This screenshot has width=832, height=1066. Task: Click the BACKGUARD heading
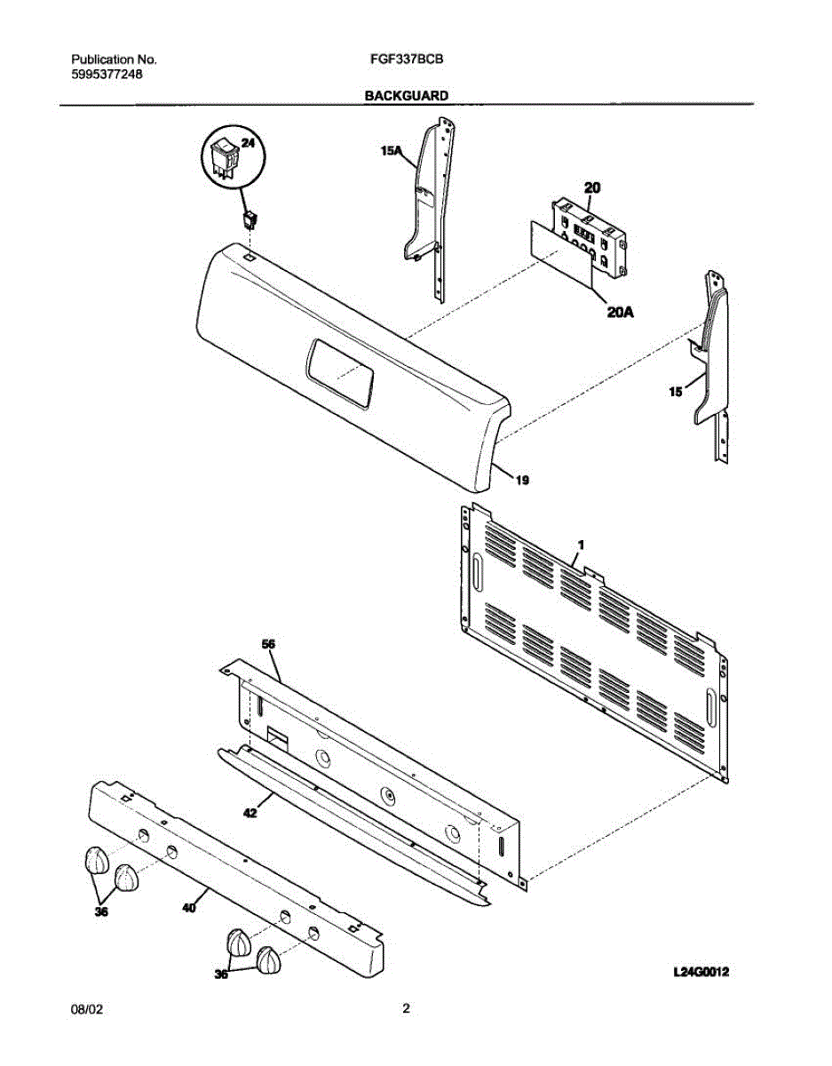(406, 94)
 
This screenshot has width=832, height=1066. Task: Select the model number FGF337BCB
(406, 60)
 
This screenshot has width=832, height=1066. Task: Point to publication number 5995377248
(107, 75)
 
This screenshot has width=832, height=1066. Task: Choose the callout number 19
(522, 481)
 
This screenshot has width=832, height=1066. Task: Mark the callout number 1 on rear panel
(581, 542)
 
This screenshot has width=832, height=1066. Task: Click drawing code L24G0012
(701, 973)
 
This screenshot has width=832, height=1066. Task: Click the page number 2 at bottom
(406, 1008)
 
